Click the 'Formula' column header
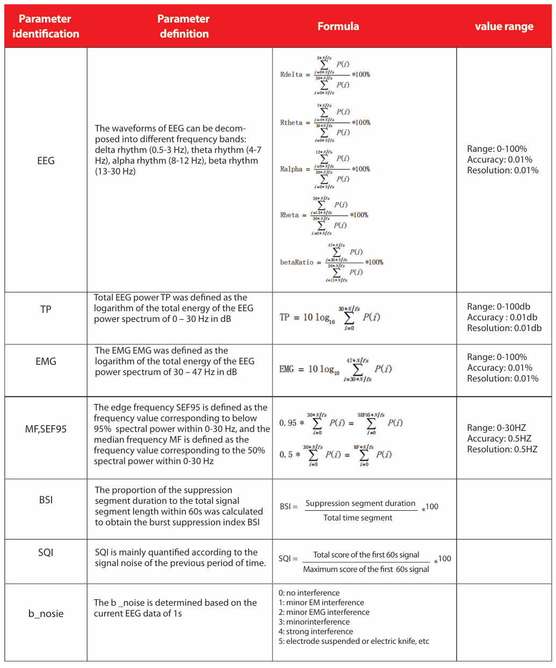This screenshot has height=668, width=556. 338,26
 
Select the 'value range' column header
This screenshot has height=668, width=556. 504,26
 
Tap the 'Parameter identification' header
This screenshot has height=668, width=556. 46,26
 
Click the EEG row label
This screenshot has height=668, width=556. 46,160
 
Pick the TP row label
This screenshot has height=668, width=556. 46,309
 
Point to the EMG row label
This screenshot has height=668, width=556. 46,361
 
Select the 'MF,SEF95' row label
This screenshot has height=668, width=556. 46,429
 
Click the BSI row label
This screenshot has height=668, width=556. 46,500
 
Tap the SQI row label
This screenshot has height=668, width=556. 46,552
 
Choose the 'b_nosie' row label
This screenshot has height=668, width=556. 46,613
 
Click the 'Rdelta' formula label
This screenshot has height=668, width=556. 291,75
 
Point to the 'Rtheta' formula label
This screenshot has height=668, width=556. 291,123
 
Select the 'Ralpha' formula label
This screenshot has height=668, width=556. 291,169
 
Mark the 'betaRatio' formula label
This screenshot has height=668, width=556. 297,262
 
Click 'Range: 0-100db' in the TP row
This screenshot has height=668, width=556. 499,306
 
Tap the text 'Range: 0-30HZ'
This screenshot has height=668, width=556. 496,428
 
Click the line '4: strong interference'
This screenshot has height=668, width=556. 316,632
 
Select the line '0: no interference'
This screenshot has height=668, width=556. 309,593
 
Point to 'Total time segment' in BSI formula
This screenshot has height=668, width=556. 358,518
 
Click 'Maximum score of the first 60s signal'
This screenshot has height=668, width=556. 366,569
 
